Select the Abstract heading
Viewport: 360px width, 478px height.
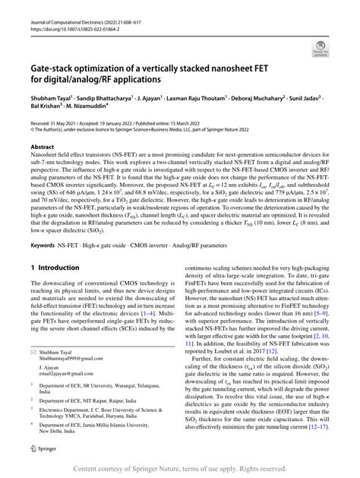click(43, 147)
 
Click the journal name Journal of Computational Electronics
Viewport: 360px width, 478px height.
click(68, 5)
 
